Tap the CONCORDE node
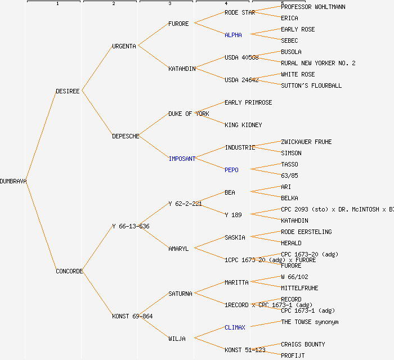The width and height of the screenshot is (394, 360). click(69, 271)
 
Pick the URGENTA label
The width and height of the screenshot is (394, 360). click(124, 46)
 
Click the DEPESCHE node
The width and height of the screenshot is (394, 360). click(126, 136)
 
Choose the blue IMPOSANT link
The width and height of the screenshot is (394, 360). click(182, 159)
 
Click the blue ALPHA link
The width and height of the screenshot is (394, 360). click(233, 35)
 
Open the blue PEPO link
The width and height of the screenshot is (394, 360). click(231, 170)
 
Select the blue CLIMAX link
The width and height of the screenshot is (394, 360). click(235, 327)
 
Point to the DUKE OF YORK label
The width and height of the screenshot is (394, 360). click(189, 114)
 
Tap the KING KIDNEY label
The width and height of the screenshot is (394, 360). click(243, 125)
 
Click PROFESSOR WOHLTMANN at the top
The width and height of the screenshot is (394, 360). click(313, 7)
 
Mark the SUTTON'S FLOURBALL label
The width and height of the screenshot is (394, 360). click(311, 85)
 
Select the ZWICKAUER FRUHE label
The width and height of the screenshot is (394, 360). click(306, 142)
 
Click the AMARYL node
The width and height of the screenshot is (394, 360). click(178, 249)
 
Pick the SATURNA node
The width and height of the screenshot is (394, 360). click(180, 294)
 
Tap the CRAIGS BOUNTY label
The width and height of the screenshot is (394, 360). click(303, 344)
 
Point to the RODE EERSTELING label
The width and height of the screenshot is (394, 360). click(306, 232)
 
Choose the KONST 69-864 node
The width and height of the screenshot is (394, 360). click(132, 316)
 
